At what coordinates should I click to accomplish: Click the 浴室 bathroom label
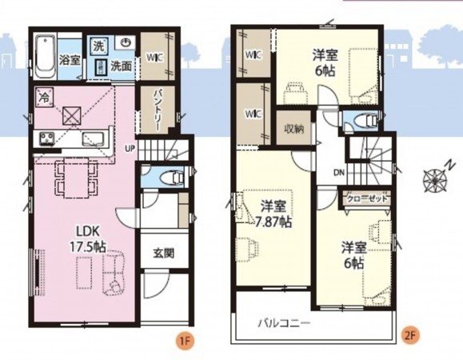click(x=70, y=58)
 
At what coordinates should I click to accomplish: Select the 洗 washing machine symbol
click(x=99, y=45)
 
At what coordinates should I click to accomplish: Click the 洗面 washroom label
click(x=122, y=65)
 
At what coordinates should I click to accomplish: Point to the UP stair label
click(x=130, y=147)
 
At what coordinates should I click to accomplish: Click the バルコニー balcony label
click(x=284, y=323)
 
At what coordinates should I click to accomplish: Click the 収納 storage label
click(x=293, y=129)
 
